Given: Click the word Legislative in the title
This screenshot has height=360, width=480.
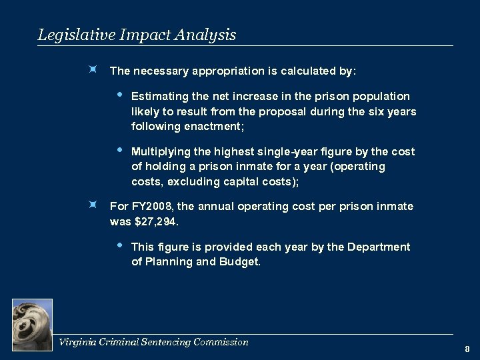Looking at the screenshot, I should point(71,35).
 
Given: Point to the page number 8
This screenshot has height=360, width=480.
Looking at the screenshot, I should point(467,349).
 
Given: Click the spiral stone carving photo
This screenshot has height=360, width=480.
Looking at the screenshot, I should point(32,324).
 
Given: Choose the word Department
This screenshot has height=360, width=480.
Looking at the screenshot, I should point(379,247).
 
